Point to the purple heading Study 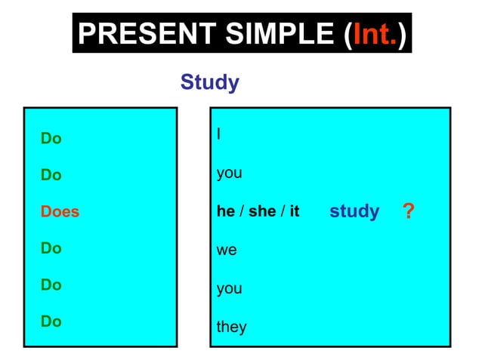coord(209,82)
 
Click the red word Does coord(60,212)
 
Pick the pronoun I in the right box coord(218,135)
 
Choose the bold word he coord(226,212)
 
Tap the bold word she coord(261,212)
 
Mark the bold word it coord(294,212)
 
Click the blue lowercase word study coord(354,211)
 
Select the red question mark coord(409,211)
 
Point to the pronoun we coord(227,250)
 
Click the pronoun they coord(231,328)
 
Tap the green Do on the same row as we coord(51,248)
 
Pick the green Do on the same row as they coord(51,322)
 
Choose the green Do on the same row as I coord(51,139)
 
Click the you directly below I coord(229,174)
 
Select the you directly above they coord(229,289)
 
